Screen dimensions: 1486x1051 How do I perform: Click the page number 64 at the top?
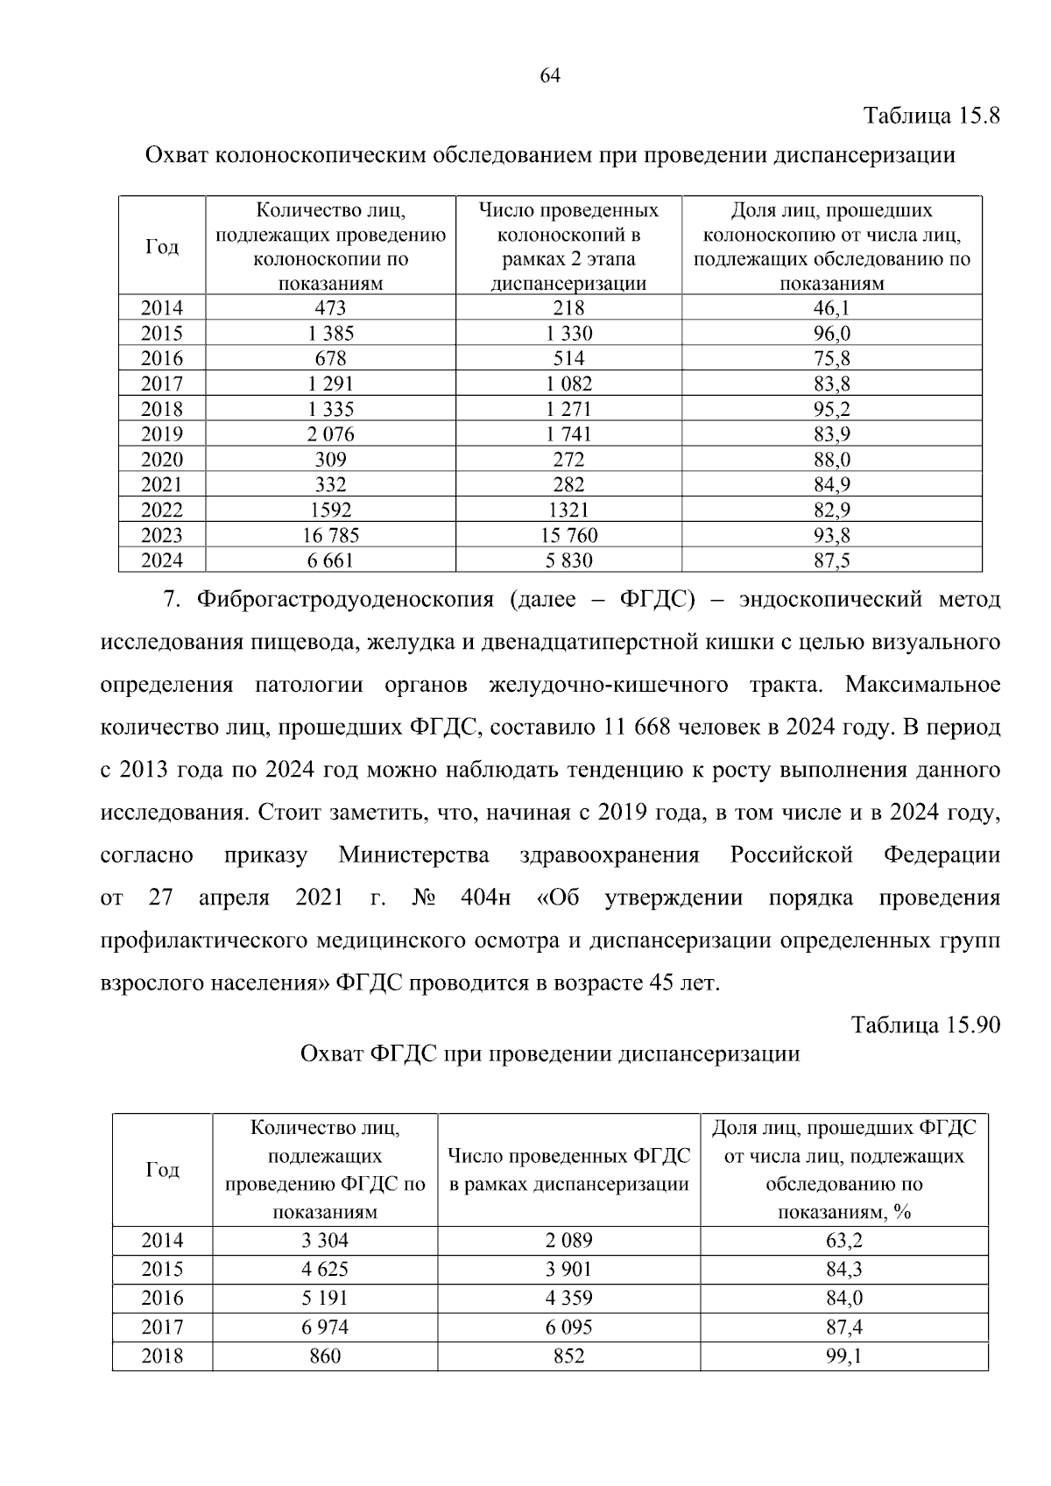pos(549,75)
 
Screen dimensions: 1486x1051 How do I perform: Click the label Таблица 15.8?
pos(931,116)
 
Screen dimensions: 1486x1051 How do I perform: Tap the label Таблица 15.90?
pos(925,1025)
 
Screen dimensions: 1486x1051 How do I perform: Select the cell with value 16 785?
pos(330,535)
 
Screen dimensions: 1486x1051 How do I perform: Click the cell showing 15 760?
pos(568,535)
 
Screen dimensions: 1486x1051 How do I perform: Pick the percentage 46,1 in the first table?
pos(831,308)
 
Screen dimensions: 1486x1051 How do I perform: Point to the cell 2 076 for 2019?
pos(330,434)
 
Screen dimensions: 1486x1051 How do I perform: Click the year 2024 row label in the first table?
pos(162,560)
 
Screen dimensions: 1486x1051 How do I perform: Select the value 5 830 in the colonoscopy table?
pos(568,560)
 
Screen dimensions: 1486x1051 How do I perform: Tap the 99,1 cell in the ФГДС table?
pos(843,1356)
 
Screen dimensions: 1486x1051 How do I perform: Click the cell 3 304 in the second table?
pos(324,1240)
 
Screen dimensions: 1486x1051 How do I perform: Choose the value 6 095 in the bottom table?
pos(568,1328)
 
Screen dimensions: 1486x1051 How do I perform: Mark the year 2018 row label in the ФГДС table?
pos(162,1356)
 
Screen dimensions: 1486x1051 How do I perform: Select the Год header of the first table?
pos(162,247)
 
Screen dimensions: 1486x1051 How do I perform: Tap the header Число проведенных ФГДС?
pos(568,1157)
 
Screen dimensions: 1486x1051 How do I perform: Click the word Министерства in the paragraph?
pos(413,856)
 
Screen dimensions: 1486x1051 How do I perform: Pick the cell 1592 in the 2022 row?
pos(330,510)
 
